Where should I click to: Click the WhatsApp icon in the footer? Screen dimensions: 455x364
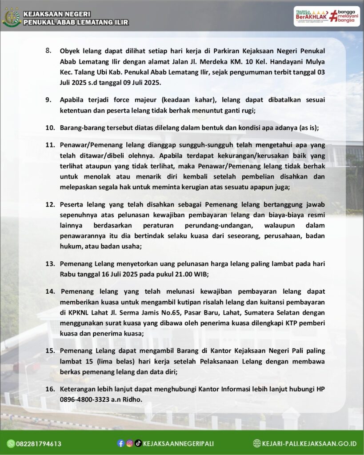(11, 443)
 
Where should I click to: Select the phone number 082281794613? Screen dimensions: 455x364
(39, 443)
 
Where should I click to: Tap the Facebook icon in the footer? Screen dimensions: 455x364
(120, 443)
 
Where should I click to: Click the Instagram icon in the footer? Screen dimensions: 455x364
(129, 443)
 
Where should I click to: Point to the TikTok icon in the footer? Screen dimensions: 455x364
(138, 443)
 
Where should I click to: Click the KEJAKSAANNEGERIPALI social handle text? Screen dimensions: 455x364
(178, 443)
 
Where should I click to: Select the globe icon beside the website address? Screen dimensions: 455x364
(257, 443)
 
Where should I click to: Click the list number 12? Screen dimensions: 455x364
(50, 205)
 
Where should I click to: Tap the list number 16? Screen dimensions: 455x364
(50, 389)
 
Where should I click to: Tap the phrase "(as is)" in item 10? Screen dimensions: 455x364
(307, 128)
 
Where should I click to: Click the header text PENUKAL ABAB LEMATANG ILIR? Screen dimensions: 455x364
(76, 22)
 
